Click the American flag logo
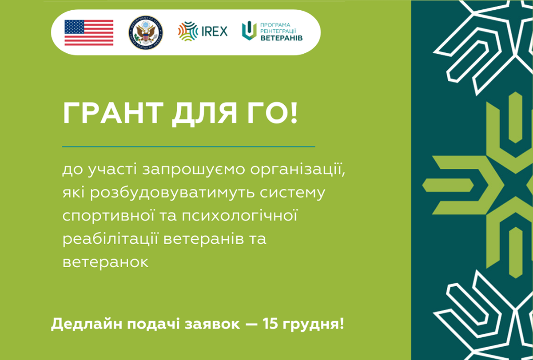89,32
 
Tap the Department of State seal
146,32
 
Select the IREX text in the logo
215,32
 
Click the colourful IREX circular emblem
188,31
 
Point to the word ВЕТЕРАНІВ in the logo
282,38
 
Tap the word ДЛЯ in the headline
205,114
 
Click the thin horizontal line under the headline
188,147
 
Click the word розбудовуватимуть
172,193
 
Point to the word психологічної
240,216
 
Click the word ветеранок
105,262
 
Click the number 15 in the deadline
270,324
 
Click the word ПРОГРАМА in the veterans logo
275,25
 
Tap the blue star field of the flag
74,27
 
